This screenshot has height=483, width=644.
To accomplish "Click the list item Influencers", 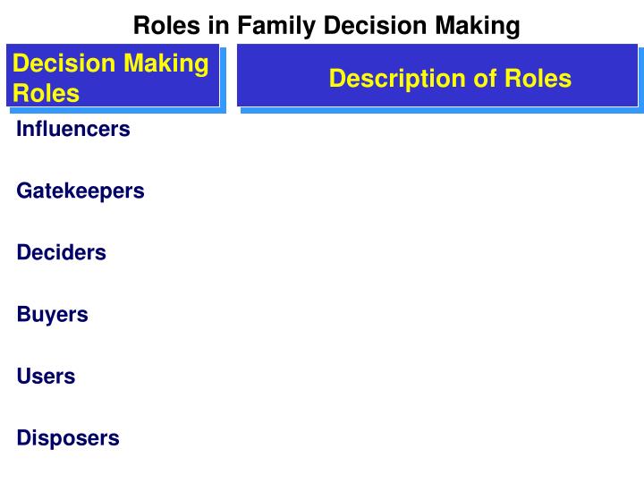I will [x=73, y=129].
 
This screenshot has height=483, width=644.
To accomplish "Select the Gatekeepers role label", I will [x=80, y=191].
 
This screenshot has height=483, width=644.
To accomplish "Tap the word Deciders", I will [x=61, y=252].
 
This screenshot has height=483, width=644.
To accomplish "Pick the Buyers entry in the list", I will [x=52, y=315].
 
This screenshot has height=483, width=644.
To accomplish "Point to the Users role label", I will [x=46, y=377].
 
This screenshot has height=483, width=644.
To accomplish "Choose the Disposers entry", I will [x=68, y=438].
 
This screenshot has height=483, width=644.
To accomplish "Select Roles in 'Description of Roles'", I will [x=538, y=79].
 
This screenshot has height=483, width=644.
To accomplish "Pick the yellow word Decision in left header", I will [x=64, y=64].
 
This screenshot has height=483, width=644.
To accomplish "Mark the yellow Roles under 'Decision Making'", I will [x=46, y=93].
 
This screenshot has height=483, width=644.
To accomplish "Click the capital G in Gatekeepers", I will [x=24, y=191].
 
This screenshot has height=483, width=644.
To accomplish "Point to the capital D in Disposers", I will [x=23, y=438].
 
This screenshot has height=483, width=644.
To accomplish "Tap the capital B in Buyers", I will [x=23, y=315].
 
